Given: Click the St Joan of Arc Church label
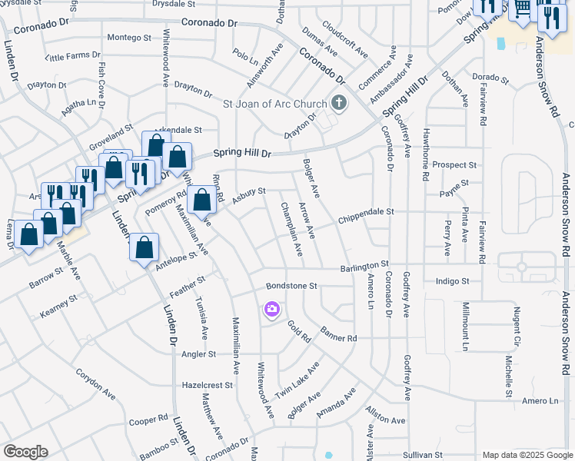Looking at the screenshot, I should coord(275,104).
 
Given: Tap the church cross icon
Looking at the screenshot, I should coord(338,103).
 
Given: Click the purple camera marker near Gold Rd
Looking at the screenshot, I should coord(271,309).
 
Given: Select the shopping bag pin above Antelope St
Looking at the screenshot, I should coord(144,248).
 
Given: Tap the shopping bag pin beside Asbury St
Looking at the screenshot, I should coord(201,201).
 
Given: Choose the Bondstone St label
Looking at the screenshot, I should coord(291,286).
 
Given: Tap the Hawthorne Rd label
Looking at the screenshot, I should coord(425,154).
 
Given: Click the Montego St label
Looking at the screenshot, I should coord(129,37).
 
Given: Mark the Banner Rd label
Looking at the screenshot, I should coord(339,337).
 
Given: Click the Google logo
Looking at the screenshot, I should coord(25,452).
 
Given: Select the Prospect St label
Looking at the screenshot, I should coord(454,165).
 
